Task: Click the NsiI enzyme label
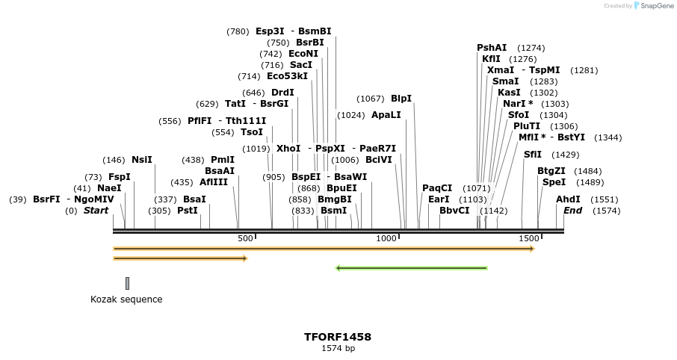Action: [x=141, y=160]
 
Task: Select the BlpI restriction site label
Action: [x=401, y=99]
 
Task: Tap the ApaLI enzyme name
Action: [x=386, y=115]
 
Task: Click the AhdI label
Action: [x=568, y=199]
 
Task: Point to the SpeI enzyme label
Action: [x=554, y=182]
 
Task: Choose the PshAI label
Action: [x=492, y=48]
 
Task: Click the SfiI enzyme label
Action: [x=533, y=155]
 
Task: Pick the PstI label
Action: [x=188, y=211]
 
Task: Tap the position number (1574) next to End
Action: [x=607, y=211]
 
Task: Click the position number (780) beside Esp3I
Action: [x=238, y=31]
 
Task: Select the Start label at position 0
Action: [x=96, y=211]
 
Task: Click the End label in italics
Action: [x=573, y=211]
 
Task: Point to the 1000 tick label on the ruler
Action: [x=386, y=238]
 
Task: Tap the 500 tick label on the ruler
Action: [x=245, y=238]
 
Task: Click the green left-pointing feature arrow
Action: [x=412, y=268]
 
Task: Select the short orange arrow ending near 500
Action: [x=180, y=258]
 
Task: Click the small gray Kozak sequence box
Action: [x=127, y=283]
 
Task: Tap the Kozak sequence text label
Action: [x=126, y=300]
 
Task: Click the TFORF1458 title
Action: [x=338, y=337]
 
